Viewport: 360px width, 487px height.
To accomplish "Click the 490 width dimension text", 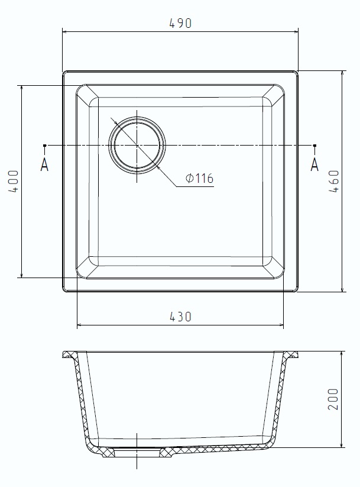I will pyautogui.click(x=180, y=24).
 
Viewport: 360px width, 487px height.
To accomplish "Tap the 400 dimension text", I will pyautogui.click(x=14, y=182).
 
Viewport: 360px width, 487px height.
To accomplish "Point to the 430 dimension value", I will pyautogui.click(x=180, y=317).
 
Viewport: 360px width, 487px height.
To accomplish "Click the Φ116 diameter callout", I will pyautogui.click(x=199, y=178).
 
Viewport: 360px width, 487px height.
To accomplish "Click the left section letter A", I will pyautogui.click(x=44, y=165).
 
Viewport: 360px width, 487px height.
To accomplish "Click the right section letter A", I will pyautogui.click(x=314, y=165).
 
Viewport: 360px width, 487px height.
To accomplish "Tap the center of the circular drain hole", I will pyautogui.click(x=137, y=145).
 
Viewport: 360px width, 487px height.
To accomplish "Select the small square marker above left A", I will pyautogui.click(x=45, y=145).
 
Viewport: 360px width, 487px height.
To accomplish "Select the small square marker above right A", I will pyautogui.click(x=314, y=145).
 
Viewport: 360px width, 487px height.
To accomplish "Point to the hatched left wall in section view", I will pyautogui.click(x=82, y=402).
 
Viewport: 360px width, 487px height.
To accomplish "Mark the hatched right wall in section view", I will pyautogui.click(x=280, y=402).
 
